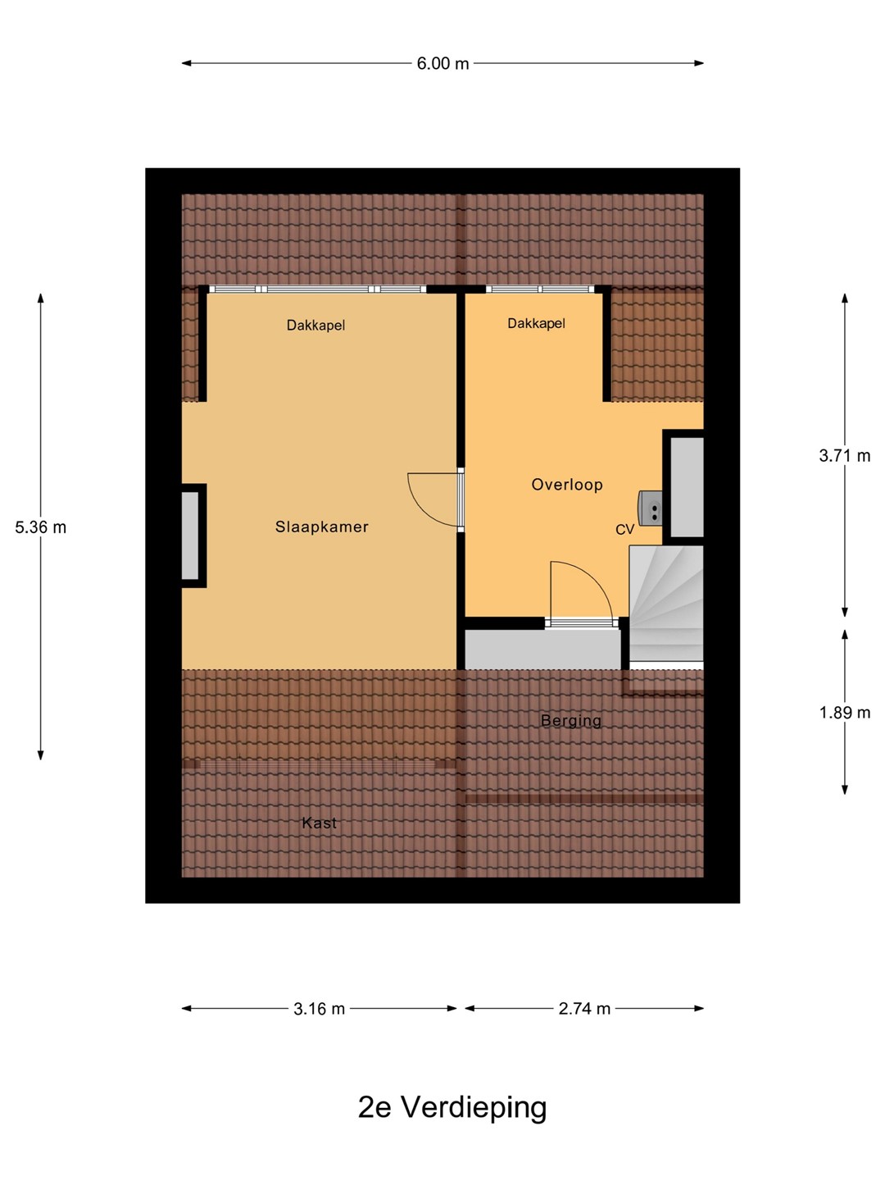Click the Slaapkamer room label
pyautogui.click(x=321, y=527)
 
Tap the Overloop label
pyautogui.click(x=567, y=485)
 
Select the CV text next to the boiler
pyautogui.click(x=625, y=530)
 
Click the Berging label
pyautogui.click(x=570, y=721)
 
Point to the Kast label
pyautogui.click(x=320, y=823)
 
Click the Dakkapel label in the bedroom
pyautogui.click(x=315, y=325)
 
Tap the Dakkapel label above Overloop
pyautogui.click(x=536, y=323)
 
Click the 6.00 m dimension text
pyautogui.click(x=442, y=63)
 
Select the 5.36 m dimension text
pyautogui.click(x=41, y=527)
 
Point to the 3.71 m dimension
pyautogui.click(x=845, y=456)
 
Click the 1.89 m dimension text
pyautogui.click(x=845, y=713)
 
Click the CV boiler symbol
pyautogui.click(x=650, y=508)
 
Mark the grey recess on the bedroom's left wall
pyautogui.click(x=190, y=536)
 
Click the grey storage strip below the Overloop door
pyautogui.click(x=542, y=649)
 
